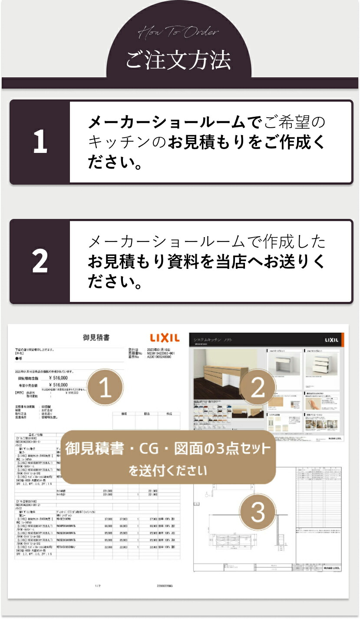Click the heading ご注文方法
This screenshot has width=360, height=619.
click(x=178, y=61)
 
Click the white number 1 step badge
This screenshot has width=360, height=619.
click(x=40, y=142)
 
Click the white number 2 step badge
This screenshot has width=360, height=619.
click(x=40, y=261)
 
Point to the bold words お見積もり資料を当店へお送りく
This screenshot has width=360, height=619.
click(x=206, y=262)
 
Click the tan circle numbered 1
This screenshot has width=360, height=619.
click(x=106, y=388)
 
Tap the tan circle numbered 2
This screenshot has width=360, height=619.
click(x=258, y=387)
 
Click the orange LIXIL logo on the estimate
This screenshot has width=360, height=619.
click(x=165, y=338)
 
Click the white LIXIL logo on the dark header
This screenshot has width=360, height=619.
click(x=331, y=340)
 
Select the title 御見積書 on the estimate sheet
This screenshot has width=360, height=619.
click(x=96, y=337)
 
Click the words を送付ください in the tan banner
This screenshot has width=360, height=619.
click(x=168, y=470)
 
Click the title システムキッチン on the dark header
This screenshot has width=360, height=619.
click(x=208, y=339)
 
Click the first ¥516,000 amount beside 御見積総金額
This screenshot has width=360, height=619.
click(x=58, y=378)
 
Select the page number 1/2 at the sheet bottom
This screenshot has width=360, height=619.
click(x=98, y=586)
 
